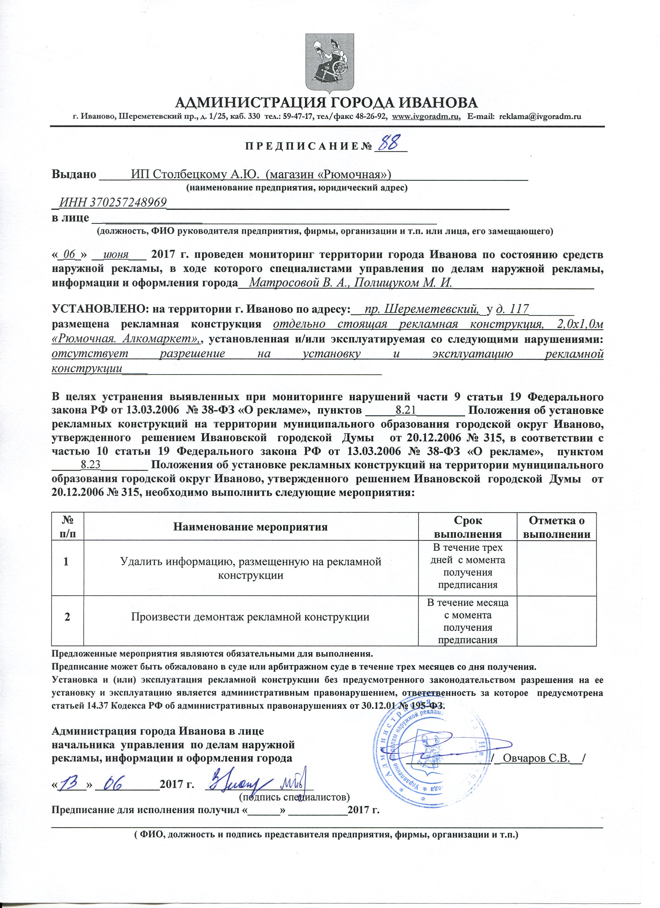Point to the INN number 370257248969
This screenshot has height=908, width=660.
(113, 202)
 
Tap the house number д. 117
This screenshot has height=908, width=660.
(512, 309)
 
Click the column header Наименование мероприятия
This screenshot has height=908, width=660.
(250, 527)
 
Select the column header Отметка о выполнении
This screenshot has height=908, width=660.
(557, 527)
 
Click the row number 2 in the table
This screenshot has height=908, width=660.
(67, 617)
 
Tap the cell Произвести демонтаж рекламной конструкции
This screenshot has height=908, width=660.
(250, 617)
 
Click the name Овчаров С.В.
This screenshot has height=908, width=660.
(536, 758)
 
